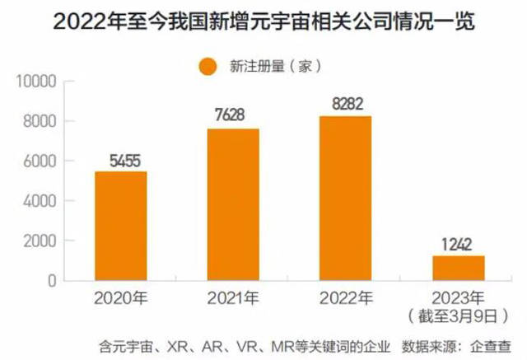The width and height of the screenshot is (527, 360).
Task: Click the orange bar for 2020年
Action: (121, 226)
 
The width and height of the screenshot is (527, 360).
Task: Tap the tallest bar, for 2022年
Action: (345, 198)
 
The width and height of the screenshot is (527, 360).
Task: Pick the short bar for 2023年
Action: (458, 268)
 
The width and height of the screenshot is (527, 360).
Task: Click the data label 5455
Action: (121, 159)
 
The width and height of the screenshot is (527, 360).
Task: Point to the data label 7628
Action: (233, 116)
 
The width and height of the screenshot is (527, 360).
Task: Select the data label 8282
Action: (345, 104)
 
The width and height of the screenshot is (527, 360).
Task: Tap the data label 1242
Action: (458, 244)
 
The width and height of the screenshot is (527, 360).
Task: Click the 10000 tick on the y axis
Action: (36, 82)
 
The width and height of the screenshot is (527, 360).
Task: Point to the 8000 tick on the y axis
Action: (40, 122)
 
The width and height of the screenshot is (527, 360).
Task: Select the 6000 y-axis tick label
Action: (40, 161)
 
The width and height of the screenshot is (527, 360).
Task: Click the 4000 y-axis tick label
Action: (40, 201)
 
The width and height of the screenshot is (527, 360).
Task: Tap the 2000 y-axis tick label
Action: (40, 241)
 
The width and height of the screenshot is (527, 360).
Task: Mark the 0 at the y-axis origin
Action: (50, 281)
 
